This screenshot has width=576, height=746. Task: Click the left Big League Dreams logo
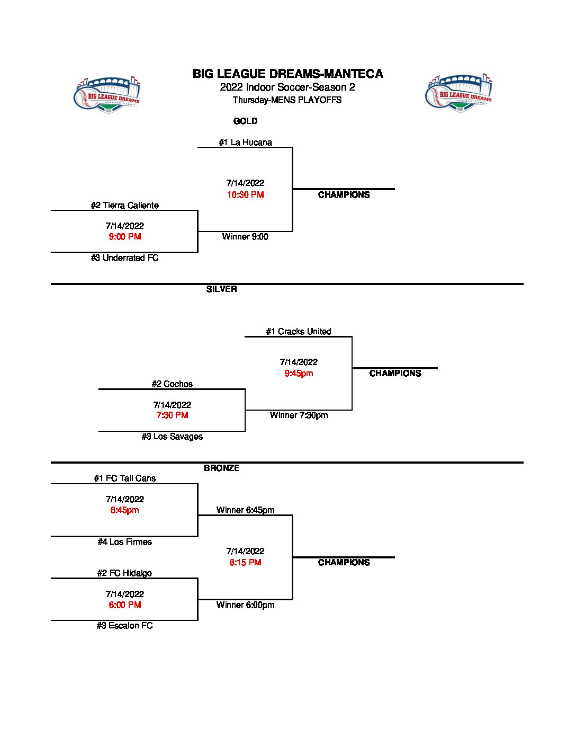pos(107,94)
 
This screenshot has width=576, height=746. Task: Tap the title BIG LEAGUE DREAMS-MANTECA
pos(287,74)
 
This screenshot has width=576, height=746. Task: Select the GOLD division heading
pos(245,121)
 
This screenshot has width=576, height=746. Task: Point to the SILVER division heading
pos(221,289)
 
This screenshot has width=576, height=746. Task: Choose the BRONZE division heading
pos(221,468)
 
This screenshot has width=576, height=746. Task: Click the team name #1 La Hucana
pos(245,143)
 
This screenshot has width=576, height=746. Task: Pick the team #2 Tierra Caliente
pos(124,206)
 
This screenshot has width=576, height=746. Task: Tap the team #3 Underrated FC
pos(124,258)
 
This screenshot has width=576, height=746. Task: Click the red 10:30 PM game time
pos(245,195)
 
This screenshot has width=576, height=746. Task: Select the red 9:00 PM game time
pos(124,237)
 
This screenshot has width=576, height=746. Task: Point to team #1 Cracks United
pos(298,332)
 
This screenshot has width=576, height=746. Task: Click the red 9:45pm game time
pos(299,374)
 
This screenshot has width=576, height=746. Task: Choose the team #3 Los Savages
pos(172,437)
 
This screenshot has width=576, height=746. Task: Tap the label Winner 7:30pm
pos(299,415)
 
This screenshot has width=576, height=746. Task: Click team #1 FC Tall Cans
pos(124,478)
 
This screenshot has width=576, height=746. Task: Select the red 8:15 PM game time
pos(245,563)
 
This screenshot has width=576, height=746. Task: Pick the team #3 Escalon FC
pos(124,626)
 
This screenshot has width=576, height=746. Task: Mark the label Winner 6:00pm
pos(245,605)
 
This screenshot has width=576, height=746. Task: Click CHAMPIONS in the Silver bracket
pos(395,374)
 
